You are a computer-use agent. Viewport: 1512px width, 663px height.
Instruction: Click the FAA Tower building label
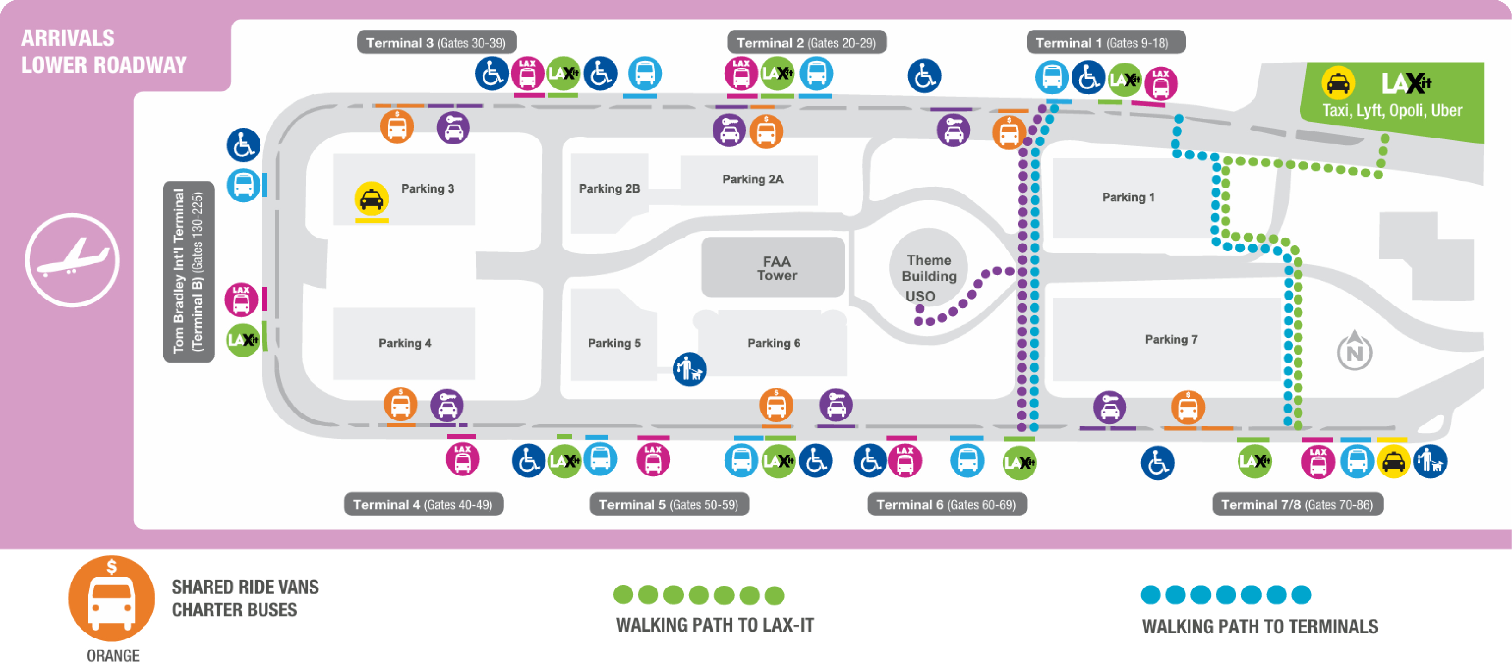776,269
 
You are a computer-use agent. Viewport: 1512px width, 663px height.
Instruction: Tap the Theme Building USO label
928,277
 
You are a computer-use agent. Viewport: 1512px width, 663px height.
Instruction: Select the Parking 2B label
609,188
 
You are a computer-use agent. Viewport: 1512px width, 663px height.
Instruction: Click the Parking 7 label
1171,339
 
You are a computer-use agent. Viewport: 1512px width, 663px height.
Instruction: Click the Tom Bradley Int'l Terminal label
188,271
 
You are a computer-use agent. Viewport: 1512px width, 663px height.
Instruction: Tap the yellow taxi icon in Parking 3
371,200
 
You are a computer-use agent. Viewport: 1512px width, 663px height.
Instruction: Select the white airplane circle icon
72,260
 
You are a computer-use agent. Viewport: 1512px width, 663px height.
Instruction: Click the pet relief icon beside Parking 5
689,369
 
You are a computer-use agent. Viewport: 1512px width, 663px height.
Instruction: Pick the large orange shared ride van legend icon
112,598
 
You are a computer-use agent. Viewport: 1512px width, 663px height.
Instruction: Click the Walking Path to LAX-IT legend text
714,625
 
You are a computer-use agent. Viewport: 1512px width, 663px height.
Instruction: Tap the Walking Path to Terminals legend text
1259,626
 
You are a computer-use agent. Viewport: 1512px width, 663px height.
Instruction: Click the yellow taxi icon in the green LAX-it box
1338,83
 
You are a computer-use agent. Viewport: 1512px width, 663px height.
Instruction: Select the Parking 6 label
773,343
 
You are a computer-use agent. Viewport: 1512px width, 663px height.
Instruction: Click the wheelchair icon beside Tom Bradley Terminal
243,145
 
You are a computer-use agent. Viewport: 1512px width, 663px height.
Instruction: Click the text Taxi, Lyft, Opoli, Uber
1392,110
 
